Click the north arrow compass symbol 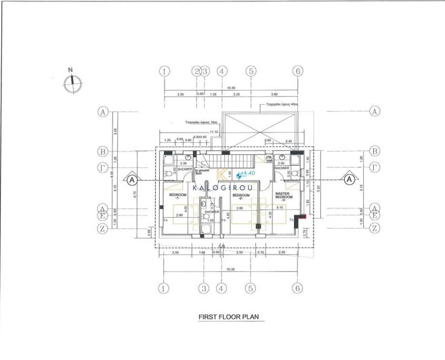70,83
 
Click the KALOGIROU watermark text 223,187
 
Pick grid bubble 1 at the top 163,70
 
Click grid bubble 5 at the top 251,70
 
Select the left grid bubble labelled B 103,151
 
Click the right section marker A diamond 349,180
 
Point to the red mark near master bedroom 305,217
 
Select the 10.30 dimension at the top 230,87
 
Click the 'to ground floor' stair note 199,173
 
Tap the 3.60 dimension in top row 274,95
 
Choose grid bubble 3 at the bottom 203,288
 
